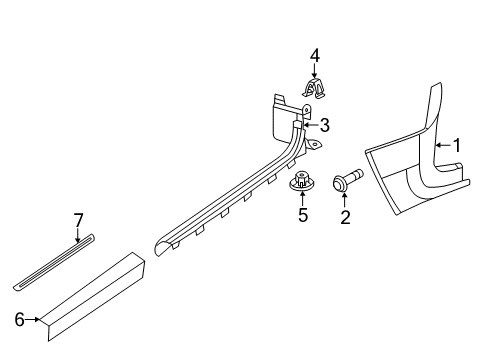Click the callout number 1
tap(457, 145)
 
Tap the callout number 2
tap(345, 217)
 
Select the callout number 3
tap(324, 125)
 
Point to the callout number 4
tap(315, 56)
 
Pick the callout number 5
tap(303, 215)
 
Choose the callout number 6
tap(20, 320)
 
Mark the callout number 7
tap(78, 220)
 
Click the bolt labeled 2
tap(348, 180)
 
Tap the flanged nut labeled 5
tap(302, 181)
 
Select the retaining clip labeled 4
tap(314, 89)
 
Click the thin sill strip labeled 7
tap(54, 262)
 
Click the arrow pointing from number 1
tap(444, 145)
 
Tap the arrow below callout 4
tap(314, 72)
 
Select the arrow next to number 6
tap(33, 319)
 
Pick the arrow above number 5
tap(302, 198)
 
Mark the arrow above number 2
tap(345, 200)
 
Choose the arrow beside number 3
tap(311, 125)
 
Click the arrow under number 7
tap(78, 235)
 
